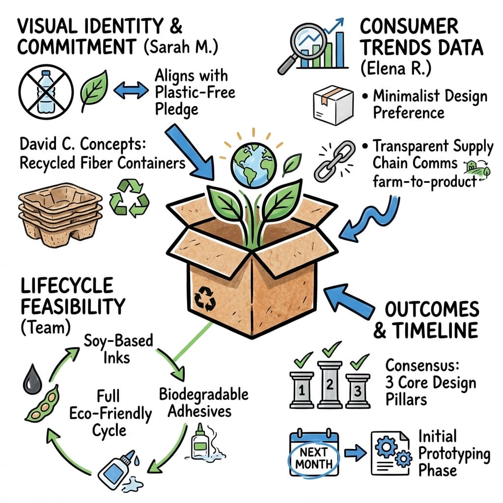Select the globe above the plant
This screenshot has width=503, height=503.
coord(253,155)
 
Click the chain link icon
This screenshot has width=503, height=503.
coord(335,161)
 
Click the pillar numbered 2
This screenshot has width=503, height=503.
coord(328,383)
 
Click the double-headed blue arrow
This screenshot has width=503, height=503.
coord(130,90)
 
